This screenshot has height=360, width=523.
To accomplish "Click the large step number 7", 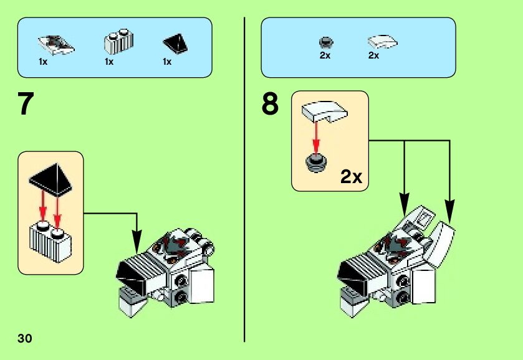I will point(24,104).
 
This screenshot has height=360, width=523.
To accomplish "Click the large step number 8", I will point(270,104).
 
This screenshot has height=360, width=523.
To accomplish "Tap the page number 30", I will point(24,338).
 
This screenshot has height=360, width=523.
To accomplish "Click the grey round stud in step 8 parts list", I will point(325,42).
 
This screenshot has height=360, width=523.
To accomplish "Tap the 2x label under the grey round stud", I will point(325,55).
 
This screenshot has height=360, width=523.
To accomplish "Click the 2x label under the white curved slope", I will point(374,55).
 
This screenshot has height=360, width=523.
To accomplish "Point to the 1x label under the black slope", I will point(167,62).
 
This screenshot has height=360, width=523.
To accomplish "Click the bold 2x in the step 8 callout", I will point(351,177).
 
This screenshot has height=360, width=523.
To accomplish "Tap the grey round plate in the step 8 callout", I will point(317,161).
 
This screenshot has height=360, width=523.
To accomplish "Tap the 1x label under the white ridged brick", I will point(109,62).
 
